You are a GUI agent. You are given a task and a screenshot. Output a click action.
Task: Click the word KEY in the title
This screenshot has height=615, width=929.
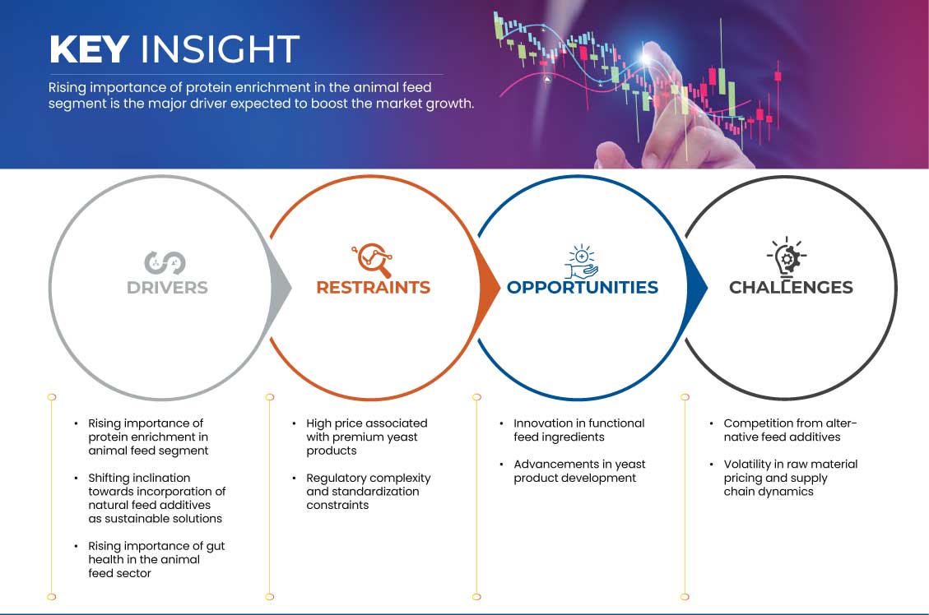pos(90,49)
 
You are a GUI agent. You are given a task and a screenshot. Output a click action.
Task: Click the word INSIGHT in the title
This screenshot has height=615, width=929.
pos(220,49)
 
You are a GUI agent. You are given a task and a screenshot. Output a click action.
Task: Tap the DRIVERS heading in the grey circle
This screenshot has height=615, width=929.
pos(167,288)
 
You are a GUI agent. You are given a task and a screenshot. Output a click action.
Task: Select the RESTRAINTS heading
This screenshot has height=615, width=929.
pos(374,288)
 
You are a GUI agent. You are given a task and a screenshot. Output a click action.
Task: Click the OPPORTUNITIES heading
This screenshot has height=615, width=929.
pos(583,288)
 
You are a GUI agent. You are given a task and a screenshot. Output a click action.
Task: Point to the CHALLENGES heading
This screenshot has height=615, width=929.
pos(791,288)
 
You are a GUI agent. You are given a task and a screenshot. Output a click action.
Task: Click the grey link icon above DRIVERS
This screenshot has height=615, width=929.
pos(165,263)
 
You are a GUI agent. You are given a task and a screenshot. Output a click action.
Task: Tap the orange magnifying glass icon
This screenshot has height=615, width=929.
pos(373,260)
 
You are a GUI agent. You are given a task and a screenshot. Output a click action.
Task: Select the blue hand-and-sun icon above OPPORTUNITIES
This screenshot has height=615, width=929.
pos(581,261)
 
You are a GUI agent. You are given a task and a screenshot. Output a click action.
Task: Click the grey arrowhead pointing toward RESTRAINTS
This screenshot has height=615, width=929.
pos(281,289)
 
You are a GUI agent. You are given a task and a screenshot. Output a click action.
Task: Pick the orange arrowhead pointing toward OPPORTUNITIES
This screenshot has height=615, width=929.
pos(489,289)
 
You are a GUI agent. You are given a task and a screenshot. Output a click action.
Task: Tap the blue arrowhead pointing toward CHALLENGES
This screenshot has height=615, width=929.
pos(697,289)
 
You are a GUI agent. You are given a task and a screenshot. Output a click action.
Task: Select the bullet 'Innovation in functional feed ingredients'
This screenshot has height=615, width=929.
pos(578,430)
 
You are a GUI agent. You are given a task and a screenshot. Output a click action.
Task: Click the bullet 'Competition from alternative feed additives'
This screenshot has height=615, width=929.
pos(790,430)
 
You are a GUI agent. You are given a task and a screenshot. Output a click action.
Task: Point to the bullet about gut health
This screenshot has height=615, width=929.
pos(156,559)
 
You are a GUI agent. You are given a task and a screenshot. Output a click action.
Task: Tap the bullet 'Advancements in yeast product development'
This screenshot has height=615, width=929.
pos(578,471)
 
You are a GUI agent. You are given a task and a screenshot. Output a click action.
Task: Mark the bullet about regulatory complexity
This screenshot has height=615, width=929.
pos(368,492)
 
